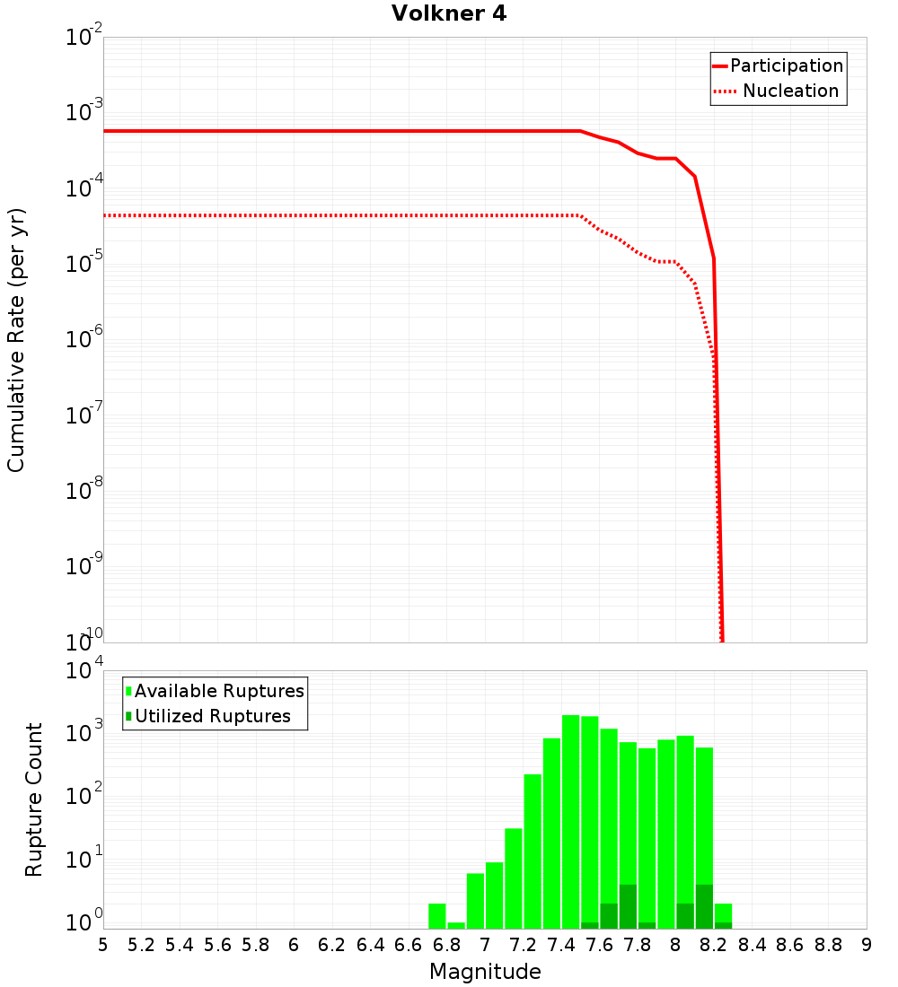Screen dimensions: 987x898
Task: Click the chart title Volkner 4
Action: (449, 13)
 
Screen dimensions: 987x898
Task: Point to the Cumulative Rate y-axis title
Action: (16, 340)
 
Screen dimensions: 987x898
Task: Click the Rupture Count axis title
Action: (34, 799)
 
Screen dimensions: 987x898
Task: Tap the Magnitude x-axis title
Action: (485, 972)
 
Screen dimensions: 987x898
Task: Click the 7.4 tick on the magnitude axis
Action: (561, 945)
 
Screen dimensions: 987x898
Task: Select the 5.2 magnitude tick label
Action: (142, 945)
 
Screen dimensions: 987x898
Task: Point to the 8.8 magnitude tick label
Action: (828, 945)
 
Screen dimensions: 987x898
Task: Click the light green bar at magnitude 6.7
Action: (437, 916)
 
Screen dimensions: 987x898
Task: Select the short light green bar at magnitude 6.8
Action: (456, 925)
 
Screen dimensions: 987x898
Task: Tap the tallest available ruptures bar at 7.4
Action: (570, 821)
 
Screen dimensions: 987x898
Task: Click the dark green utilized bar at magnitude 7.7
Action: (628, 906)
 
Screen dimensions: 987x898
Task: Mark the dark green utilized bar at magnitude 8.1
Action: (704, 906)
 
